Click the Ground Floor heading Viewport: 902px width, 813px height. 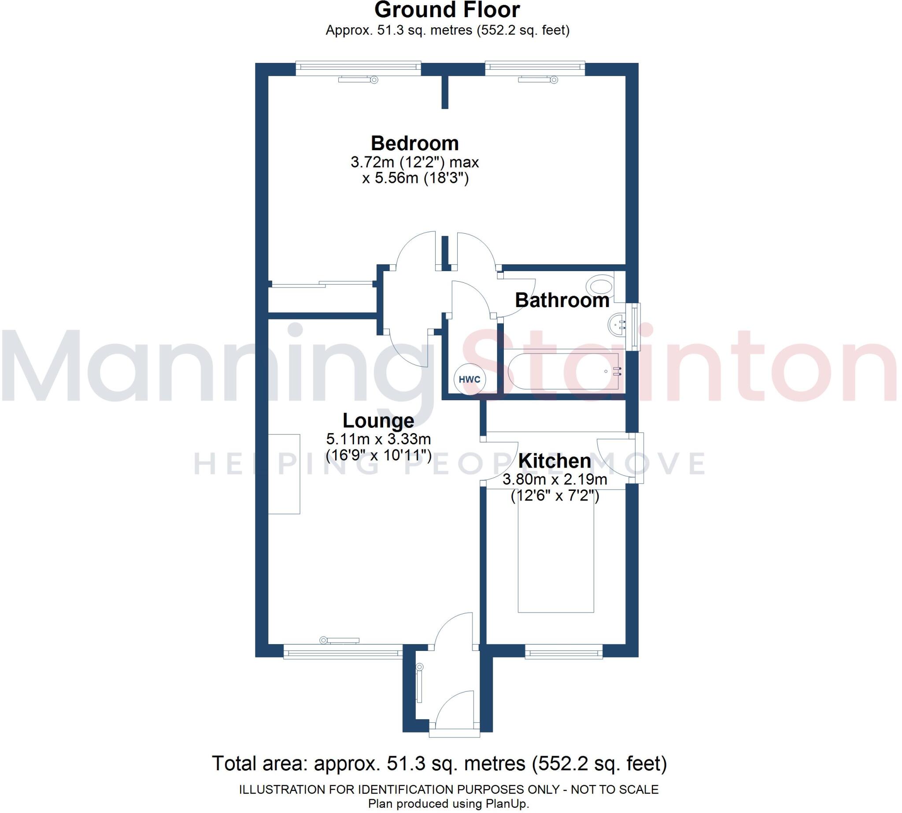coord(447,10)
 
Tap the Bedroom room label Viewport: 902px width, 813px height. coord(414,143)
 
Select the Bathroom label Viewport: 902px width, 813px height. coord(562,300)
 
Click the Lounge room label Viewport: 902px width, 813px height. coord(378,420)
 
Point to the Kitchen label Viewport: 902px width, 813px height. coord(554,460)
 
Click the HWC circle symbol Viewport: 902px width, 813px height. coord(469,380)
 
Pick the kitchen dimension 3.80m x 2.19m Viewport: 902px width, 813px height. coord(555,480)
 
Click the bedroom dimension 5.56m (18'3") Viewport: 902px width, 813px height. coord(415,178)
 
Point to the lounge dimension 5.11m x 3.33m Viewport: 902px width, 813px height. coord(378,438)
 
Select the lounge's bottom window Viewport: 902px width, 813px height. coord(343,653)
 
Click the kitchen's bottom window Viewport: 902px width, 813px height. coord(563,653)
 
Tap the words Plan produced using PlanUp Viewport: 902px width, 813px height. coord(448,804)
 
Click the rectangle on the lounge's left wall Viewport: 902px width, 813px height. coord(284,474)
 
